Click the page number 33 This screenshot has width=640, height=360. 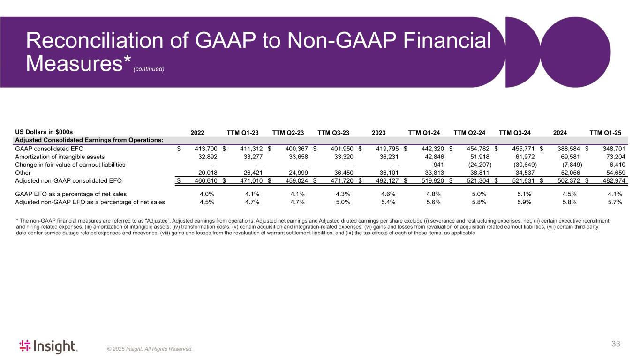click(616, 344)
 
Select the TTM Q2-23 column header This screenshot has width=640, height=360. click(288, 132)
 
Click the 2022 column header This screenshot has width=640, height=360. click(197, 132)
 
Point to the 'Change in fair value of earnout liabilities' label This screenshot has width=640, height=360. click(70, 165)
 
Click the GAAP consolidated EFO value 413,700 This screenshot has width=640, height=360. click(203, 149)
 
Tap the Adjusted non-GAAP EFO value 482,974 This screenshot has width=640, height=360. click(609, 180)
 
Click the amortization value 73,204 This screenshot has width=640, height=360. click(611, 157)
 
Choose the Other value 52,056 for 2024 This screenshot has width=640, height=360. click(565, 172)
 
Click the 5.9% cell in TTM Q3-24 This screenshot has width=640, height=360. click(524, 202)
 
